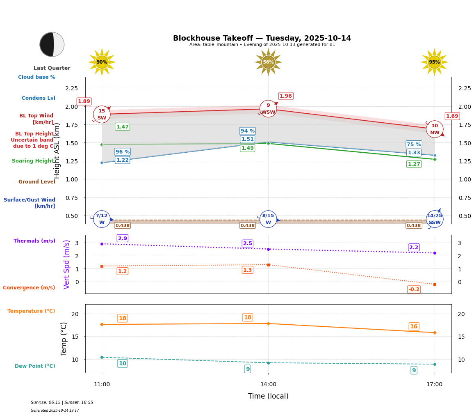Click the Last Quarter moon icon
click(52, 44)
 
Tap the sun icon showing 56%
click(268, 62)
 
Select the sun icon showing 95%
click(434, 62)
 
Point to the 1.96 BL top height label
click(285, 96)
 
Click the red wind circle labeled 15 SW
click(102, 115)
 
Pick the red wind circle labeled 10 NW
click(435, 129)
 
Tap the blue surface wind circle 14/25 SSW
click(435, 219)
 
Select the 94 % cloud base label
click(247, 131)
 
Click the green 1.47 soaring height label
click(122, 127)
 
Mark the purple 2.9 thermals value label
click(123, 238)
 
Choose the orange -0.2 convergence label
click(414, 289)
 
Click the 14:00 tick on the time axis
click(268, 384)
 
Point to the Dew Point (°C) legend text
click(35, 366)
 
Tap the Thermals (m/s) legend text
click(34, 241)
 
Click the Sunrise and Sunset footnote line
click(62, 403)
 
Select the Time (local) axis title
click(268, 396)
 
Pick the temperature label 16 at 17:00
click(414, 327)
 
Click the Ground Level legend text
click(37, 182)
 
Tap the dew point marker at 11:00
click(102, 357)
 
